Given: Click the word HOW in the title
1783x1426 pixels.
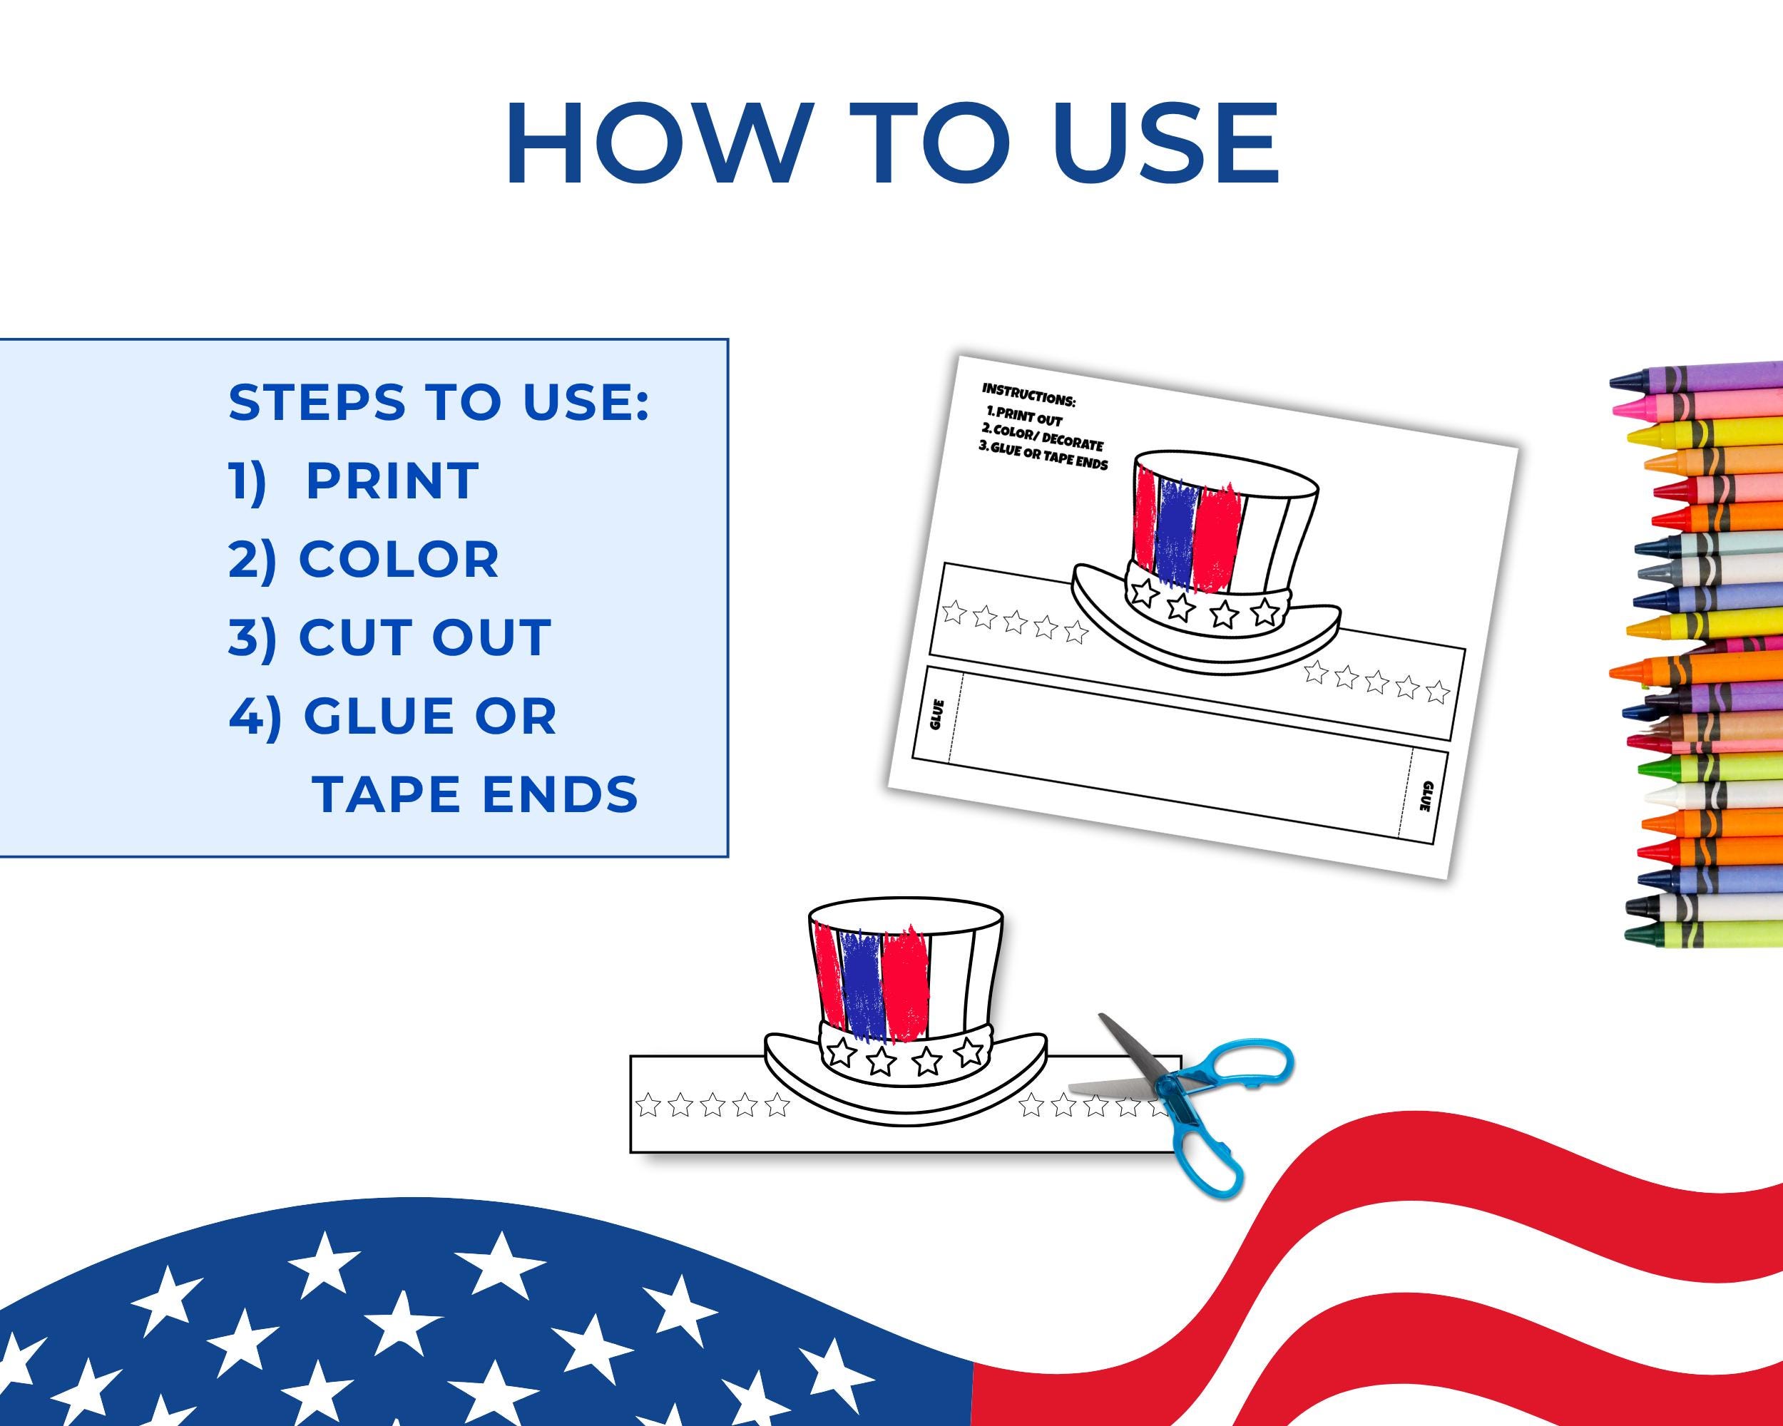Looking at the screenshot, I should coord(653,145).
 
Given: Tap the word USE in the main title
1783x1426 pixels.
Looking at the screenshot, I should coord(1166,145).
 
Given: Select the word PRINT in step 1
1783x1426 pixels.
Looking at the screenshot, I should coord(392,481).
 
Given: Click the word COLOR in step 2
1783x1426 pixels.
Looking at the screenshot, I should coord(399,560).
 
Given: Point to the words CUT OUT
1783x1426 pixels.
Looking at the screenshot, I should coord(424,637).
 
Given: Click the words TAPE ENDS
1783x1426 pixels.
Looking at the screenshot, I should coord(476,794).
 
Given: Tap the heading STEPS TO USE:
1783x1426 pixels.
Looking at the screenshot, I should coord(439,403).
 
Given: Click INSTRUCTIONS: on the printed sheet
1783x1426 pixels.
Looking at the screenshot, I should coord(1028,394).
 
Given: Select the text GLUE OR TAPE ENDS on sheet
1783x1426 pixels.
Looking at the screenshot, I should coord(1043,454).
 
